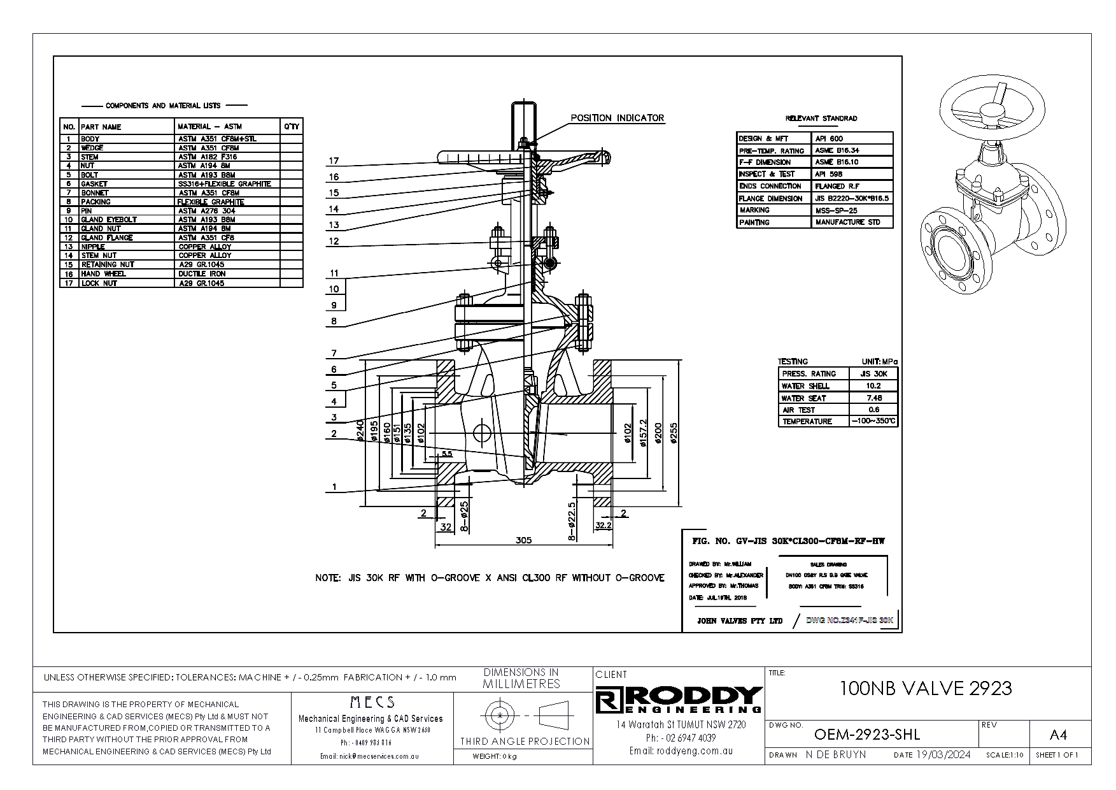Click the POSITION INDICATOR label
617,118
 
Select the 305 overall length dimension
523,540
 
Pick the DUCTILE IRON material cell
202,274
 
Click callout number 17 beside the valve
334,161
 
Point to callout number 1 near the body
334,487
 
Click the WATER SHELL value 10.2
873,386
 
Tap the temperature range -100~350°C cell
873,421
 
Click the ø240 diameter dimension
360,431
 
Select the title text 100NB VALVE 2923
926,688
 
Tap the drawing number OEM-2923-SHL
867,735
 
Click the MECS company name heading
372,702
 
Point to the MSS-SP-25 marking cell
835,210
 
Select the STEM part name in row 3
89,157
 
